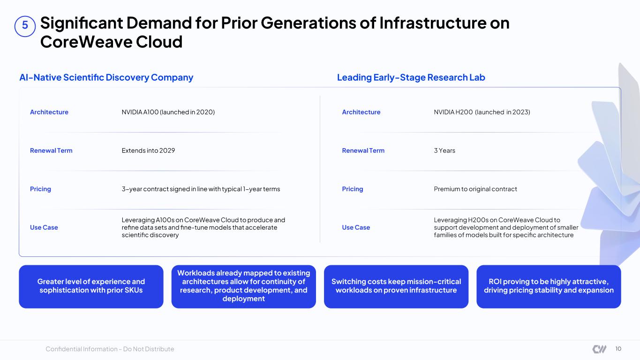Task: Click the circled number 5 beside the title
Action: (x=25, y=26)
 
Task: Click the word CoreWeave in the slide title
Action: (x=86, y=42)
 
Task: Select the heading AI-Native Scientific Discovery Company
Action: (x=106, y=77)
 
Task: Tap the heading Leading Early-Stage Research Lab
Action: (x=411, y=77)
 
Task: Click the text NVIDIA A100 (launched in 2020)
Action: (x=168, y=112)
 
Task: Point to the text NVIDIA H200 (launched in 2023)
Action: (x=482, y=112)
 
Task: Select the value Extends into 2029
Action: (x=148, y=150)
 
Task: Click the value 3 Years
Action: (x=444, y=150)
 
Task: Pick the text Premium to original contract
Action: (x=475, y=189)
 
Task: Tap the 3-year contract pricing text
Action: (x=201, y=189)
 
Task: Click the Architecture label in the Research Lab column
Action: (x=361, y=112)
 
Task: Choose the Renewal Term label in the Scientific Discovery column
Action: (x=51, y=150)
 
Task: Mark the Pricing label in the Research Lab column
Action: (x=352, y=189)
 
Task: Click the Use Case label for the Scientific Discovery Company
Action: (x=44, y=227)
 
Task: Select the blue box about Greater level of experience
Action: (x=91, y=286)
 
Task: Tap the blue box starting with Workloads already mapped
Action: (x=244, y=286)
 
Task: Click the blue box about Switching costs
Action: (x=396, y=286)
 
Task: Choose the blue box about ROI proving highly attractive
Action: (x=549, y=286)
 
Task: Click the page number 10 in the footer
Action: (x=618, y=349)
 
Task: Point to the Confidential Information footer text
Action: (x=110, y=349)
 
